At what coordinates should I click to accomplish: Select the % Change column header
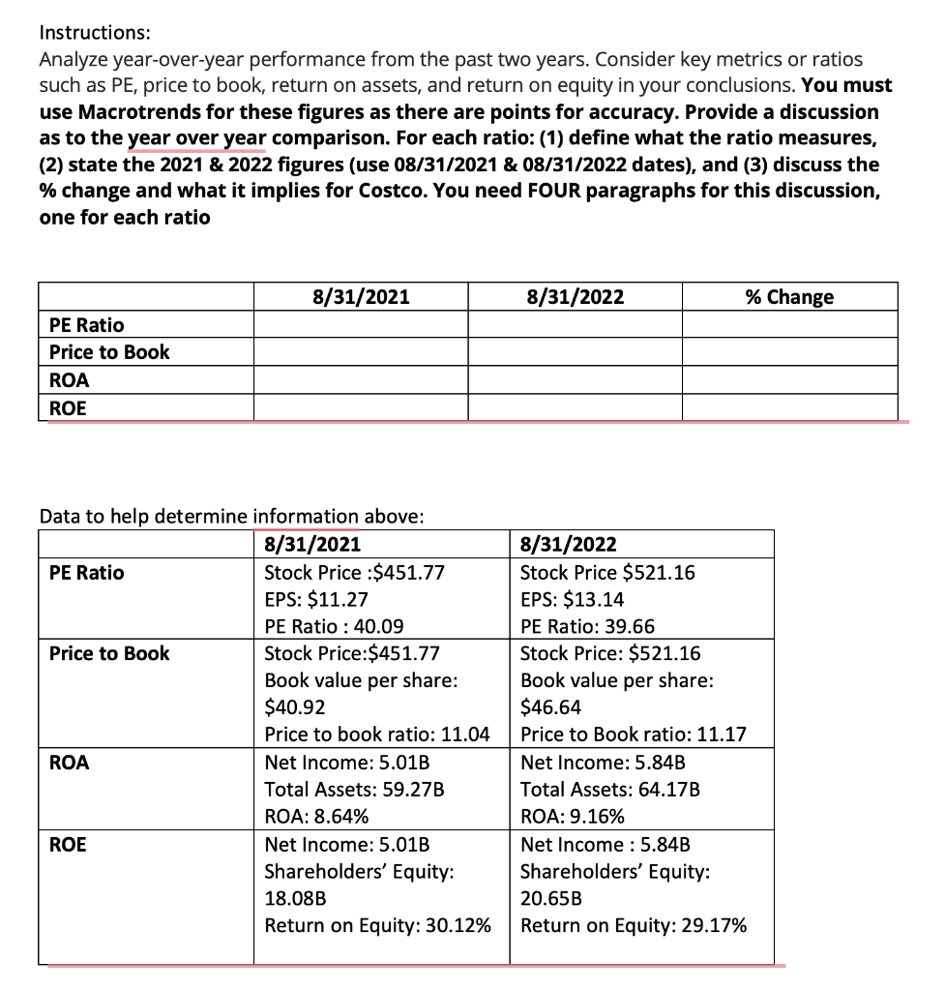click(789, 297)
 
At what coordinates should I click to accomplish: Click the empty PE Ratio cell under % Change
click(789, 324)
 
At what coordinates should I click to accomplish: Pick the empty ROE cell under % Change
click(789, 408)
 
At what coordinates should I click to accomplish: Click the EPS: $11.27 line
click(316, 599)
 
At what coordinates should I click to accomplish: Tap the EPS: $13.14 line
click(572, 599)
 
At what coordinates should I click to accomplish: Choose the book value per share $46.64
click(551, 707)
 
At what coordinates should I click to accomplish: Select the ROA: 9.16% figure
click(572, 816)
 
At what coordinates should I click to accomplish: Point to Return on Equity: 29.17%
click(634, 924)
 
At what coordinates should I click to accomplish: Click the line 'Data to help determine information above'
click(231, 516)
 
